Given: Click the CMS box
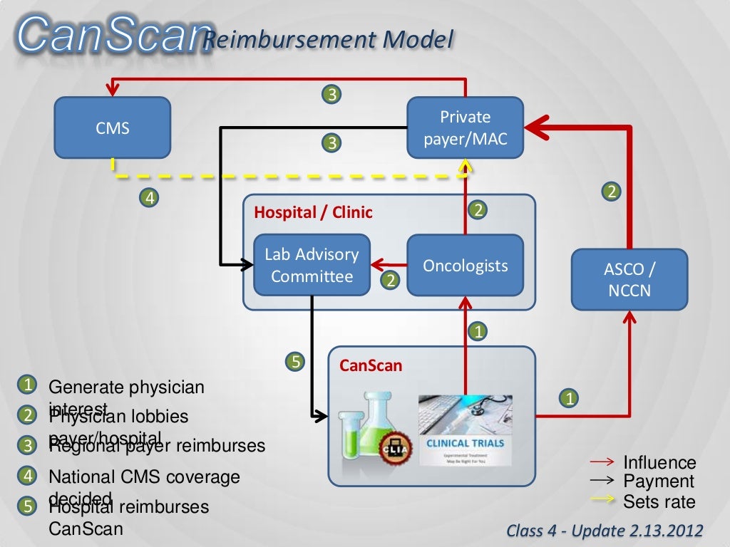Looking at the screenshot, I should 113,127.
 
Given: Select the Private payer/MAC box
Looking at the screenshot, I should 465,127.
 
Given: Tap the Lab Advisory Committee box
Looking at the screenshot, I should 312,265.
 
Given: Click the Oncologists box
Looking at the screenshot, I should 465,265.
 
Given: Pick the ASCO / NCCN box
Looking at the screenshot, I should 629,279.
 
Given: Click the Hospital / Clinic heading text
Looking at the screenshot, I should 314,212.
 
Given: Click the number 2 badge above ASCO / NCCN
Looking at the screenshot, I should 611,191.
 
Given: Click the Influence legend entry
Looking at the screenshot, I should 659,463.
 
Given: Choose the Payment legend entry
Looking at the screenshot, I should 658,481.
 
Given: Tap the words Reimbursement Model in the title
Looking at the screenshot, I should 328,40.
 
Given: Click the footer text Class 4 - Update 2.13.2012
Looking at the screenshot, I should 605,531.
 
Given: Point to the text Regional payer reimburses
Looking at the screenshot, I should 157,446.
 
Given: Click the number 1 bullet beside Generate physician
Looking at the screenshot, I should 26,385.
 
